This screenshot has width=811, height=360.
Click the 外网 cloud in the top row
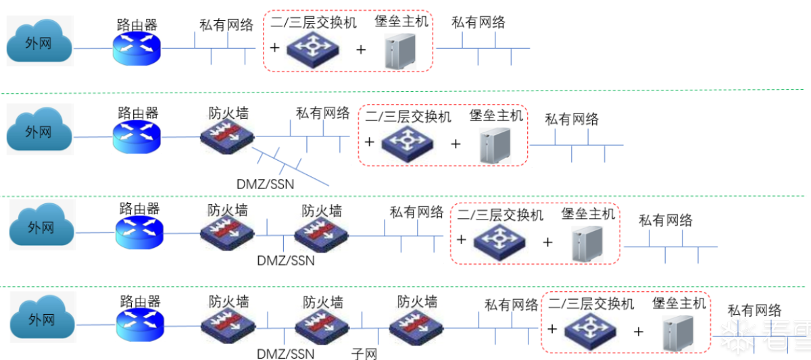(x=39, y=45)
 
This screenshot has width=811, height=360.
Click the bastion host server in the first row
(x=399, y=50)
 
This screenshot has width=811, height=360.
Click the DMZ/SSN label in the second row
(x=265, y=183)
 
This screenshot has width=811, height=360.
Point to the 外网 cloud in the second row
(x=39, y=132)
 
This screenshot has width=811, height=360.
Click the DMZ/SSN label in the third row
(x=286, y=260)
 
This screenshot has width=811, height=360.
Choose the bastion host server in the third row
(x=585, y=242)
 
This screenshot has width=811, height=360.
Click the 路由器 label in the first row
(x=137, y=25)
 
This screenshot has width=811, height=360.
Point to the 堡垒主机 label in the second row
(x=496, y=116)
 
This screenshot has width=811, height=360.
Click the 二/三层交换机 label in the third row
(x=500, y=215)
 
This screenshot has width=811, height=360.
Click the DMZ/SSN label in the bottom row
(x=286, y=353)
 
